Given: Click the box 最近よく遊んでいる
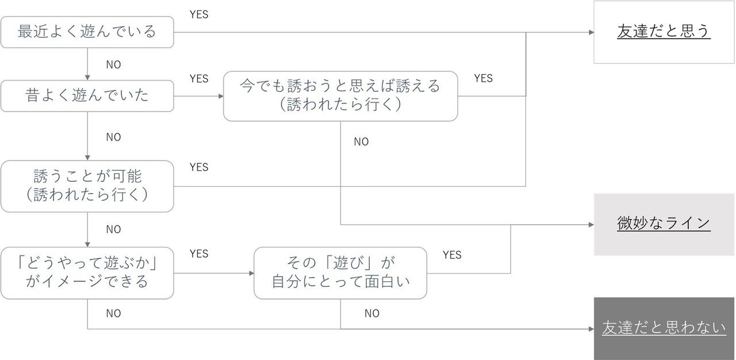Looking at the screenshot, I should [x=87, y=32].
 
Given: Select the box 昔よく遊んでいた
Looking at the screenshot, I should [x=87, y=95].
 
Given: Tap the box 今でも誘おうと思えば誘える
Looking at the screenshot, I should [x=340, y=96].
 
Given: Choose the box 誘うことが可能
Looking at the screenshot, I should [x=87, y=186].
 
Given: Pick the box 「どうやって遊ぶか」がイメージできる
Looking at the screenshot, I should [x=87, y=273].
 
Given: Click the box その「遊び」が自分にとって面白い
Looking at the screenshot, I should [x=340, y=273].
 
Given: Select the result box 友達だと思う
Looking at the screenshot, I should [x=664, y=32].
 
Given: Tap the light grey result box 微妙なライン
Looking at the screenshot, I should [x=664, y=224].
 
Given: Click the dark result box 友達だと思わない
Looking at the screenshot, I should [x=664, y=328].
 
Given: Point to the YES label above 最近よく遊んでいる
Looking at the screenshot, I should [x=199, y=15].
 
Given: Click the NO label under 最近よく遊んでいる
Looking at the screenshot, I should [x=113, y=65].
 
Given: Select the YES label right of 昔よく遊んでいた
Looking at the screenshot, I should [x=199, y=79].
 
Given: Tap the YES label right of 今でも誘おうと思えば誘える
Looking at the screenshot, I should [x=483, y=78].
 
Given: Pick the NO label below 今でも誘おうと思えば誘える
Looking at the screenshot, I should [x=361, y=142].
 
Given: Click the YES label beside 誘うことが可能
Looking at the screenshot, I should [x=199, y=167].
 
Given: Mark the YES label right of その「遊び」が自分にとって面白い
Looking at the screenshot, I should [x=452, y=255].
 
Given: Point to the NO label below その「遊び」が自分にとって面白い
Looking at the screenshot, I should [x=372, y=314].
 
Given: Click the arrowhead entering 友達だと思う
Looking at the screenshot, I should [x=591, y=32].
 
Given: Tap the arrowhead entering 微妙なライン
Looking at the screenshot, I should [x=591, y=224].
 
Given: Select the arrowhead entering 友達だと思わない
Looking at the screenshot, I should [x=591, y=329].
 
